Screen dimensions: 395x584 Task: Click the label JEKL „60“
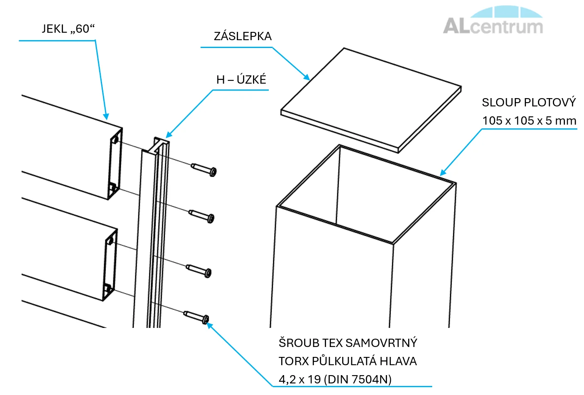click(x=68, y=29)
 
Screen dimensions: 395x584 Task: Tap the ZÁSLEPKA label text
click(x=243, y=36)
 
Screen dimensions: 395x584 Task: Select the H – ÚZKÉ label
click(x=241, y=79)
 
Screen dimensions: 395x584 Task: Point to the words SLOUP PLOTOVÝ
click(x=529, y=103)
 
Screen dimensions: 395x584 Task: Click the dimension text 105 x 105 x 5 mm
click(x=529, y=121)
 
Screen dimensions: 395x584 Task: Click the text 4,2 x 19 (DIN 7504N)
click(x=335, y=379)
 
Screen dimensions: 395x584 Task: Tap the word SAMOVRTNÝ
click(x=381, y=343)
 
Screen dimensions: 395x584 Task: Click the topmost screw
click(x=204, y=169)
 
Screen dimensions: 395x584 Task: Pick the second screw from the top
click(x=202, y=215)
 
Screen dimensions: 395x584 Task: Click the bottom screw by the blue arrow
click(x=197, y=317)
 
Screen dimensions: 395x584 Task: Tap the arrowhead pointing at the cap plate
click(x=307, y=77)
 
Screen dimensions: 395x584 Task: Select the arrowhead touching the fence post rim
click(x=443, y=173)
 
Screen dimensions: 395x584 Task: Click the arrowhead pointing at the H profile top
click(x=168, y=135)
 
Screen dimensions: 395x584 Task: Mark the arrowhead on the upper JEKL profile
click(x=106, y=117)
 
